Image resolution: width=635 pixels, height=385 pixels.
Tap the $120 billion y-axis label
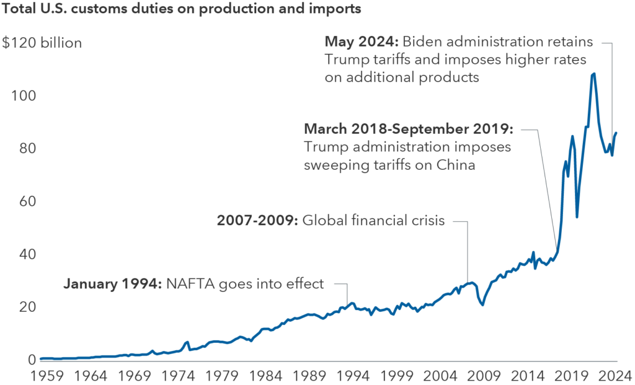point(42,43)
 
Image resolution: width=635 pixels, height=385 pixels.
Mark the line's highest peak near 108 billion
point(593,74)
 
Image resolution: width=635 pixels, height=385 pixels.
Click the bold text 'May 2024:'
point(362,42)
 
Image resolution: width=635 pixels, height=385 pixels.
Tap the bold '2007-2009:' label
point(257,220)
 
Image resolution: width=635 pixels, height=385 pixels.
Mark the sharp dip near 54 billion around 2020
point(577,216)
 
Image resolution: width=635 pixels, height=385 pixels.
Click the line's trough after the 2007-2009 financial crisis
point(482,304)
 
